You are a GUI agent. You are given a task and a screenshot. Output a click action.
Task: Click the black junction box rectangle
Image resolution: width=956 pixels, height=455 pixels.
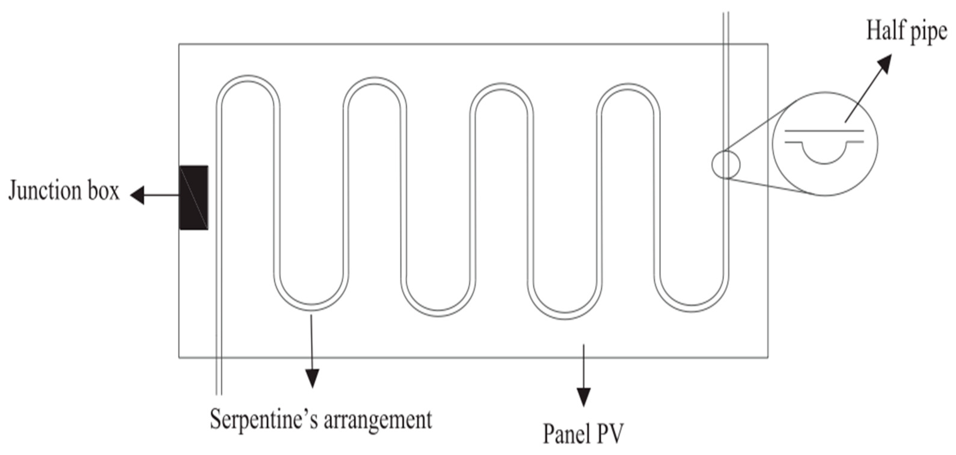194,197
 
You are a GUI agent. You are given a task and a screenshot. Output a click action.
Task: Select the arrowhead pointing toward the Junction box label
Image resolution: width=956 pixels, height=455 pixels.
137,195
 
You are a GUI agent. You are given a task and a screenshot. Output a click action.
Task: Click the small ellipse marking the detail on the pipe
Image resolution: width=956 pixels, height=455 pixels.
726,164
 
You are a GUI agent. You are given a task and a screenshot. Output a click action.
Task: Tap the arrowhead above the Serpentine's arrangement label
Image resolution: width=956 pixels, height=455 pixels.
312,379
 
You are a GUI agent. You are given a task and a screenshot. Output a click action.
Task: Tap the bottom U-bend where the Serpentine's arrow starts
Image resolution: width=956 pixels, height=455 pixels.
312,307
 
